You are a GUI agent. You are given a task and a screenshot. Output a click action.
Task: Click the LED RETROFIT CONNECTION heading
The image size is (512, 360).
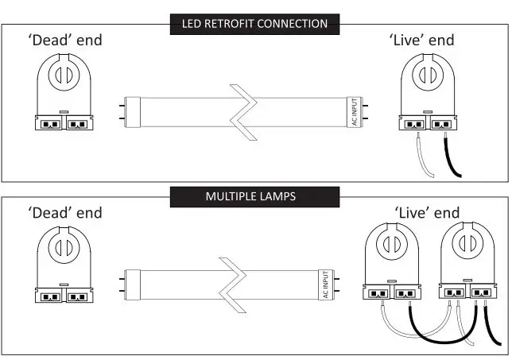255,24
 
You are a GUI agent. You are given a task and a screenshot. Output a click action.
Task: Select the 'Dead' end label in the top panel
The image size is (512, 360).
65,40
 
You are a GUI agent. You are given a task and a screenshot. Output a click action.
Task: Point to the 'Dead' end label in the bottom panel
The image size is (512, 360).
65,212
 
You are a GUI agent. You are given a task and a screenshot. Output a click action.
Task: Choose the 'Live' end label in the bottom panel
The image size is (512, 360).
427,212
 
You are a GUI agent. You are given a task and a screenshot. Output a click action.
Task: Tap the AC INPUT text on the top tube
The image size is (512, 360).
355,111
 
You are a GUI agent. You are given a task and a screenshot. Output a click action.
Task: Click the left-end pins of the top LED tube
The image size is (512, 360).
120,111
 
